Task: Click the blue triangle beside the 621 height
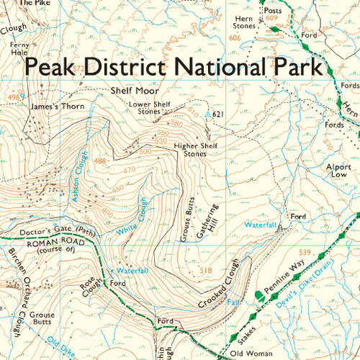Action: (x=209, y=115)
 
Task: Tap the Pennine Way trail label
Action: (x=283, y=278)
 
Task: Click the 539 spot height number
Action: (x=304, y=252)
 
